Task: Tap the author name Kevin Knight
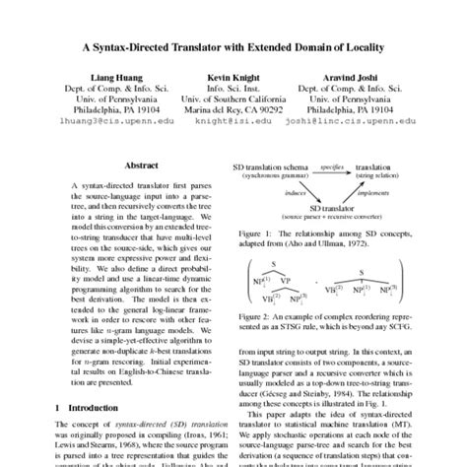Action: (233, 75)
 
